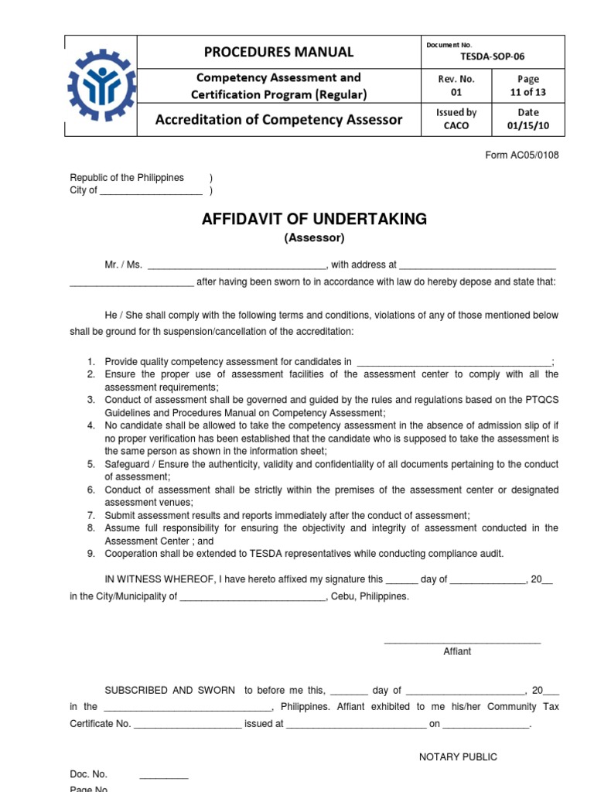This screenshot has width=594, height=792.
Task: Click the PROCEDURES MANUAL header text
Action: [278, 52]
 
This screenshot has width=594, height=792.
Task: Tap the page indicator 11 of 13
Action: [528, 92]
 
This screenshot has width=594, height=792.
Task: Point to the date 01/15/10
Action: [528, 125]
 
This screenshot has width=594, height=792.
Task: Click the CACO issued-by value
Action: [456, 125]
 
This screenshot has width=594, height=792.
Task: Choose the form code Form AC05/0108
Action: [521, 155]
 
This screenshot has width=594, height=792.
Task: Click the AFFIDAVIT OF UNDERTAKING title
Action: [314, 219]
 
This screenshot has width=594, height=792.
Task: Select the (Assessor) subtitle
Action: [314, 238]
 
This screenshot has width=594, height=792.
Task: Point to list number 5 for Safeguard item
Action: [90, 465]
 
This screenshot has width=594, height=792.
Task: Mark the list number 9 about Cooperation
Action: [90, 553]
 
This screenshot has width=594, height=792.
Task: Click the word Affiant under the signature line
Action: [456, 651]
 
